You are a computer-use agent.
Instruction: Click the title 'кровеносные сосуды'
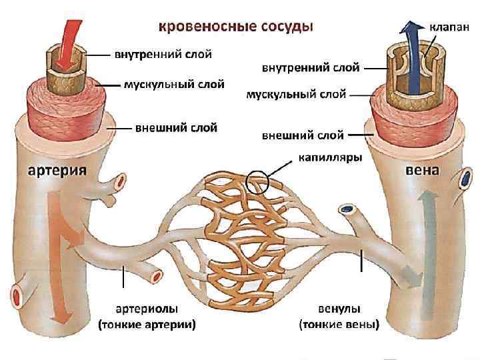pos(235,27)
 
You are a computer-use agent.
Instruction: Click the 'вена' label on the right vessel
pos(423,169)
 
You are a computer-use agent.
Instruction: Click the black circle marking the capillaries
pos(257,181)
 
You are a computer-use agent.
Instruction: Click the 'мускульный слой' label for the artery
pos(175,84)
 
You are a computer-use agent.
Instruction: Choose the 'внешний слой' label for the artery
pos(177,127)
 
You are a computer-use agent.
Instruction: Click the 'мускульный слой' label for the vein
pos(296,94)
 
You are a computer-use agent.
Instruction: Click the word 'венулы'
pos(339,310)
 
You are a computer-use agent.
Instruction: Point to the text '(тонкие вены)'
pos(339,325)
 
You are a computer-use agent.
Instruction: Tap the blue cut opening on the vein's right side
pos(464,179)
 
